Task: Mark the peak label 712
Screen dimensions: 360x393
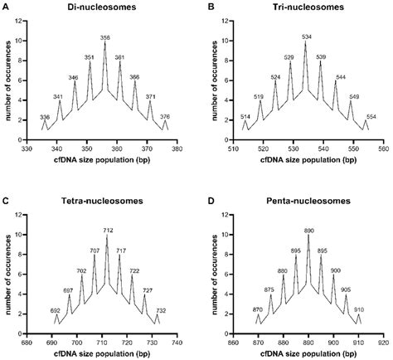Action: [107, 230]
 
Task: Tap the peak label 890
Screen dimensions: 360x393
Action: [308, 230]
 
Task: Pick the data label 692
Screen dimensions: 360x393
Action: [56, 310]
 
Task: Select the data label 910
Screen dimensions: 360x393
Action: [357, 310]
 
